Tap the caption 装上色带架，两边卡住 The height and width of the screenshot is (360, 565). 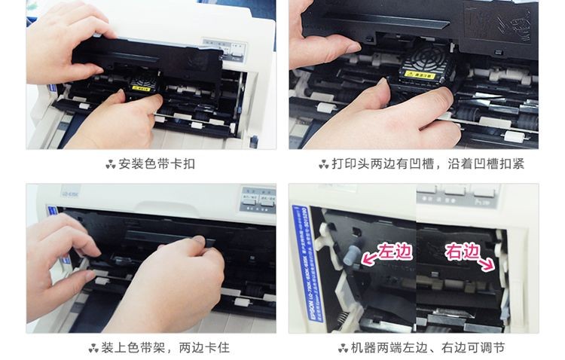pos(159,347)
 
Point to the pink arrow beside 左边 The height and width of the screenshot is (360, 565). pos(369,259)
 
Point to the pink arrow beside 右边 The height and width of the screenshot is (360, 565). pos(487,263)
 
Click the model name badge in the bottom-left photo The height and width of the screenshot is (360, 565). pos(54,202)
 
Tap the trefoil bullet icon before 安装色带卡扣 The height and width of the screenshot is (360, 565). pos(111,163)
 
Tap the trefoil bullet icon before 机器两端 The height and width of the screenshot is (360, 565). pos(344,347)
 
